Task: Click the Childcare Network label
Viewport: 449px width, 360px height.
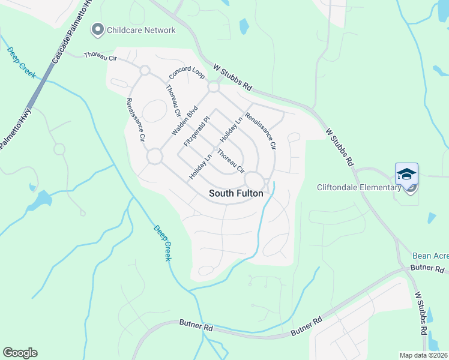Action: (x=141, y=30)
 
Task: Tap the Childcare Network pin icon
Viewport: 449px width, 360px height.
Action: (x=97, y=29)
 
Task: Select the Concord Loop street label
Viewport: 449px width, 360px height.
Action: (x=187, y=72)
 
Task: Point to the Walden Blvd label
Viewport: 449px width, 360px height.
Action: (x=184, y=121)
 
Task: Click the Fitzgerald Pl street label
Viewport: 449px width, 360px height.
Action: (x=199, y=132)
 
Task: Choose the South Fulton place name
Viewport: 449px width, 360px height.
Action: (x=236, y=193)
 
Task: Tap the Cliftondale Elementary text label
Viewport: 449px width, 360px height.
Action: (x=358, y=187)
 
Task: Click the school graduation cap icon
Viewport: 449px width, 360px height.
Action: (x=406, y=174)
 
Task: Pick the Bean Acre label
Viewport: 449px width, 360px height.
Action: (x=430, y=256)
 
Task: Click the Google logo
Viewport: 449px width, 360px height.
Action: (x=20, y=353)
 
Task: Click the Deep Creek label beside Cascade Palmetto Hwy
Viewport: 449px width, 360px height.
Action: (x=22, y=61)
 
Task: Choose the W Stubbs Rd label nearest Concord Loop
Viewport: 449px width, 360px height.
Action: (x=234, y=78)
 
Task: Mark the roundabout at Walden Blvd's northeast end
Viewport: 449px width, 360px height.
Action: (x=213, y=88)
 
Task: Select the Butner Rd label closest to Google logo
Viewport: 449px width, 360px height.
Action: (x=196, y=326)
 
